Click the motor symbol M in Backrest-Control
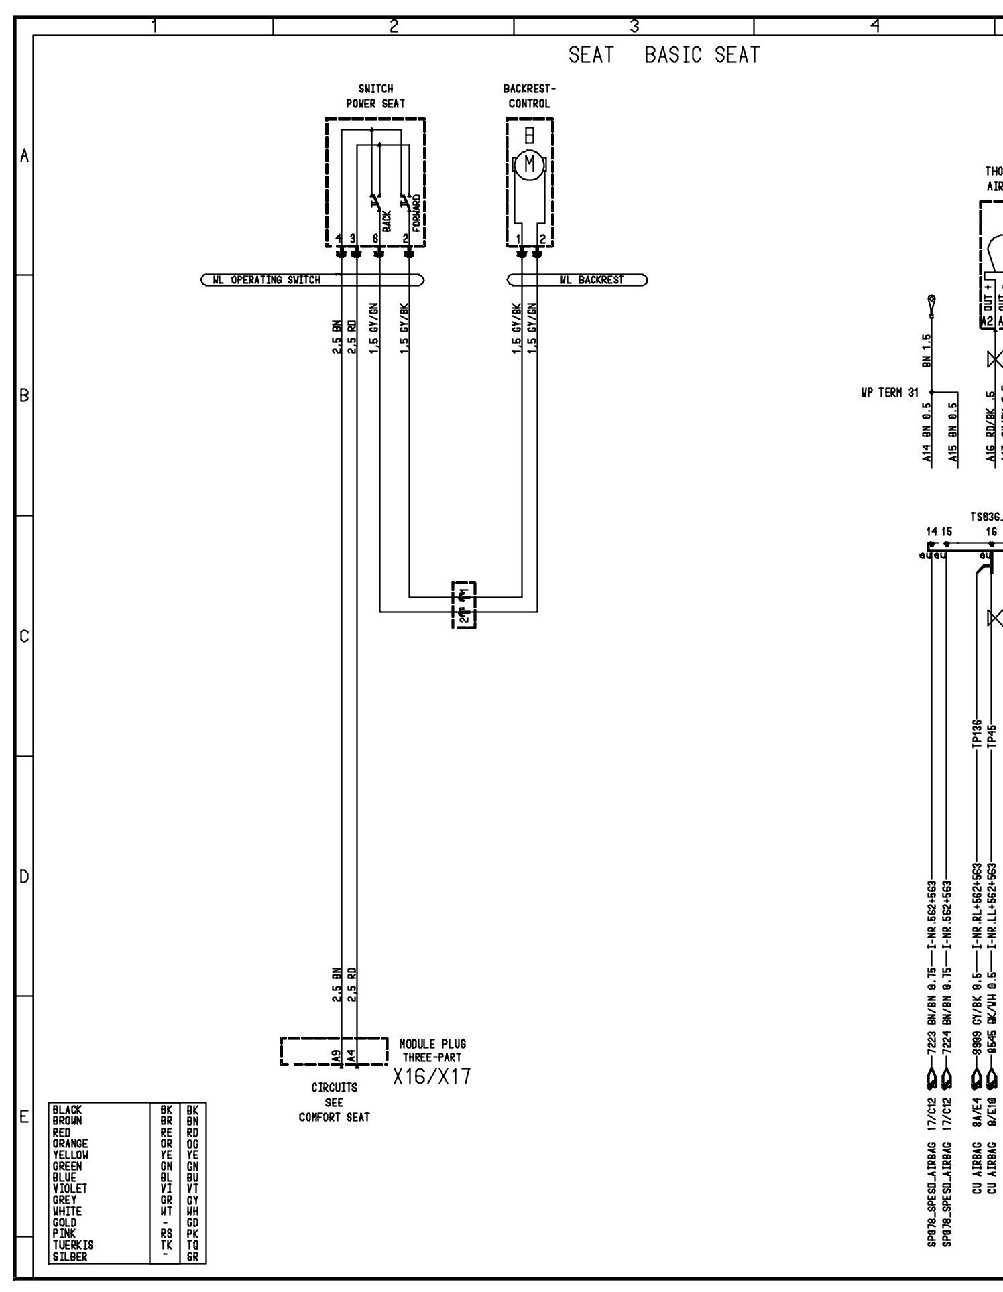coord(530,164)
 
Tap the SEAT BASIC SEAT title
coord(664,55)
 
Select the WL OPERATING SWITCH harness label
coord(276,280)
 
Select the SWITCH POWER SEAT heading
coord(375,96)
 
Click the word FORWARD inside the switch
coord(416,213)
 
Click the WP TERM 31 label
coord(889,393)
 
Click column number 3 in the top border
coord(634,27)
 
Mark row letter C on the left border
coord(24,636)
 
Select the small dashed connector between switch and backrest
coord(464,605)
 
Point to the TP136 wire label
coord(976,735)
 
